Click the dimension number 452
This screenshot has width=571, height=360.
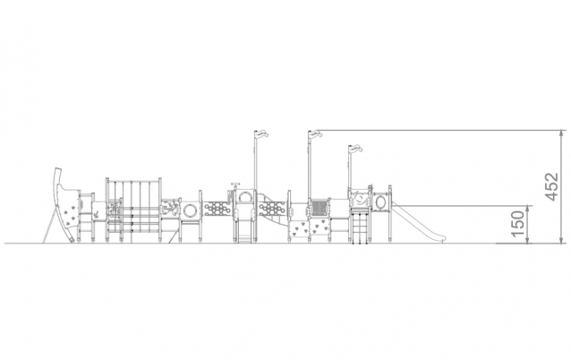[552, 186]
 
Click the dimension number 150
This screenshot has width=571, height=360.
[518, 224]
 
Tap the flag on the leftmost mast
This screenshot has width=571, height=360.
[261, 133]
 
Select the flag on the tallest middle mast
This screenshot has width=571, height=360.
[316, 133]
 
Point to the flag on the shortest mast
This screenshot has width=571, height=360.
[356, 149]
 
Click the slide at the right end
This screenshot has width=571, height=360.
[418, 223]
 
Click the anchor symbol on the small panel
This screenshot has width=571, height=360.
[96, 215]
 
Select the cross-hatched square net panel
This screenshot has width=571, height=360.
[319, 208]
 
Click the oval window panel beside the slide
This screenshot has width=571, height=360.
[380, 201]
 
